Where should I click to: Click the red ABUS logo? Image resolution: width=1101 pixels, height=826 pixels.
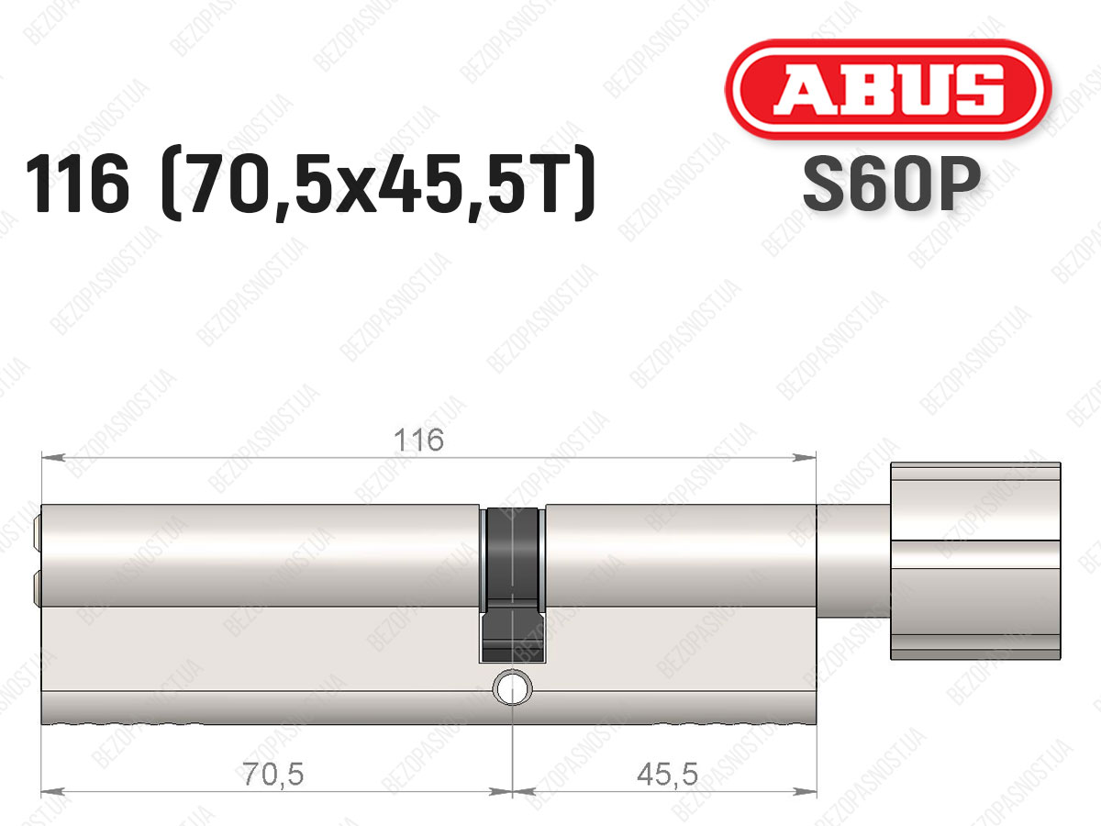point(888,90)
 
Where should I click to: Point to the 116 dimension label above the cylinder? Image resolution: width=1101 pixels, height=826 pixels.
point(418,441)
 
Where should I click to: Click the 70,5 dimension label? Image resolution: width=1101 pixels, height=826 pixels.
point(273,774)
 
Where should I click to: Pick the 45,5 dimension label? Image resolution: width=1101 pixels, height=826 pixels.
point(667,774)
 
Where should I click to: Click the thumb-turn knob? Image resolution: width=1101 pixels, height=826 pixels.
point(975,561)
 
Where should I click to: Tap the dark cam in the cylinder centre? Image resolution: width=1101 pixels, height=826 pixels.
point(513,585)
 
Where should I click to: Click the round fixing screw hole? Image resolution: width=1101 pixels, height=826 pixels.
point(513,687)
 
